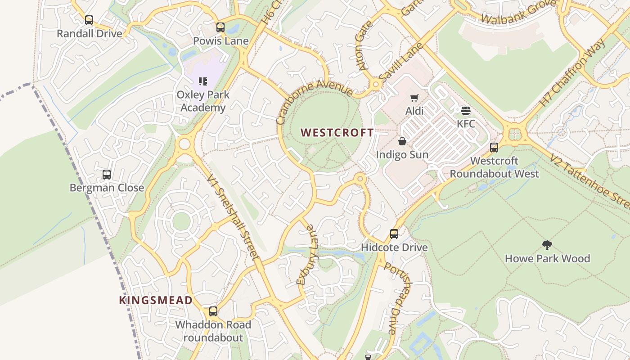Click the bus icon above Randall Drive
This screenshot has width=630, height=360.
click(89, 20)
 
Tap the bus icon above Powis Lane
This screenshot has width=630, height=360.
click(220, 27)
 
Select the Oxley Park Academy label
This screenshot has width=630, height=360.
click(203, 101)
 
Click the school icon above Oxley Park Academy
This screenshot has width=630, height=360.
click(203, 81)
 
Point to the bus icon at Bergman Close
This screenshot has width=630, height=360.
click(107, 175)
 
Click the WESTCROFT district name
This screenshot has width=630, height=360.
click(337, 133)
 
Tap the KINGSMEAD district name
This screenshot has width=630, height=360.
click(156, 300)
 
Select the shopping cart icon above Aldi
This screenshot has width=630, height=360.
click(414, 98)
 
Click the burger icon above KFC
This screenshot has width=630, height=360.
click(466, 110)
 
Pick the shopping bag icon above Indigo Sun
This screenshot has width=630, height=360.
click(402, 142)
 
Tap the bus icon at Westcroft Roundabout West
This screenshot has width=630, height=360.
click(494, 148)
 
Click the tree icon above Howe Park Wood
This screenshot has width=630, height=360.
click(547, 245)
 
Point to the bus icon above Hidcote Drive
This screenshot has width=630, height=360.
click(394, 234)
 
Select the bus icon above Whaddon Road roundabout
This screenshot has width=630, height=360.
click(213, 311)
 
